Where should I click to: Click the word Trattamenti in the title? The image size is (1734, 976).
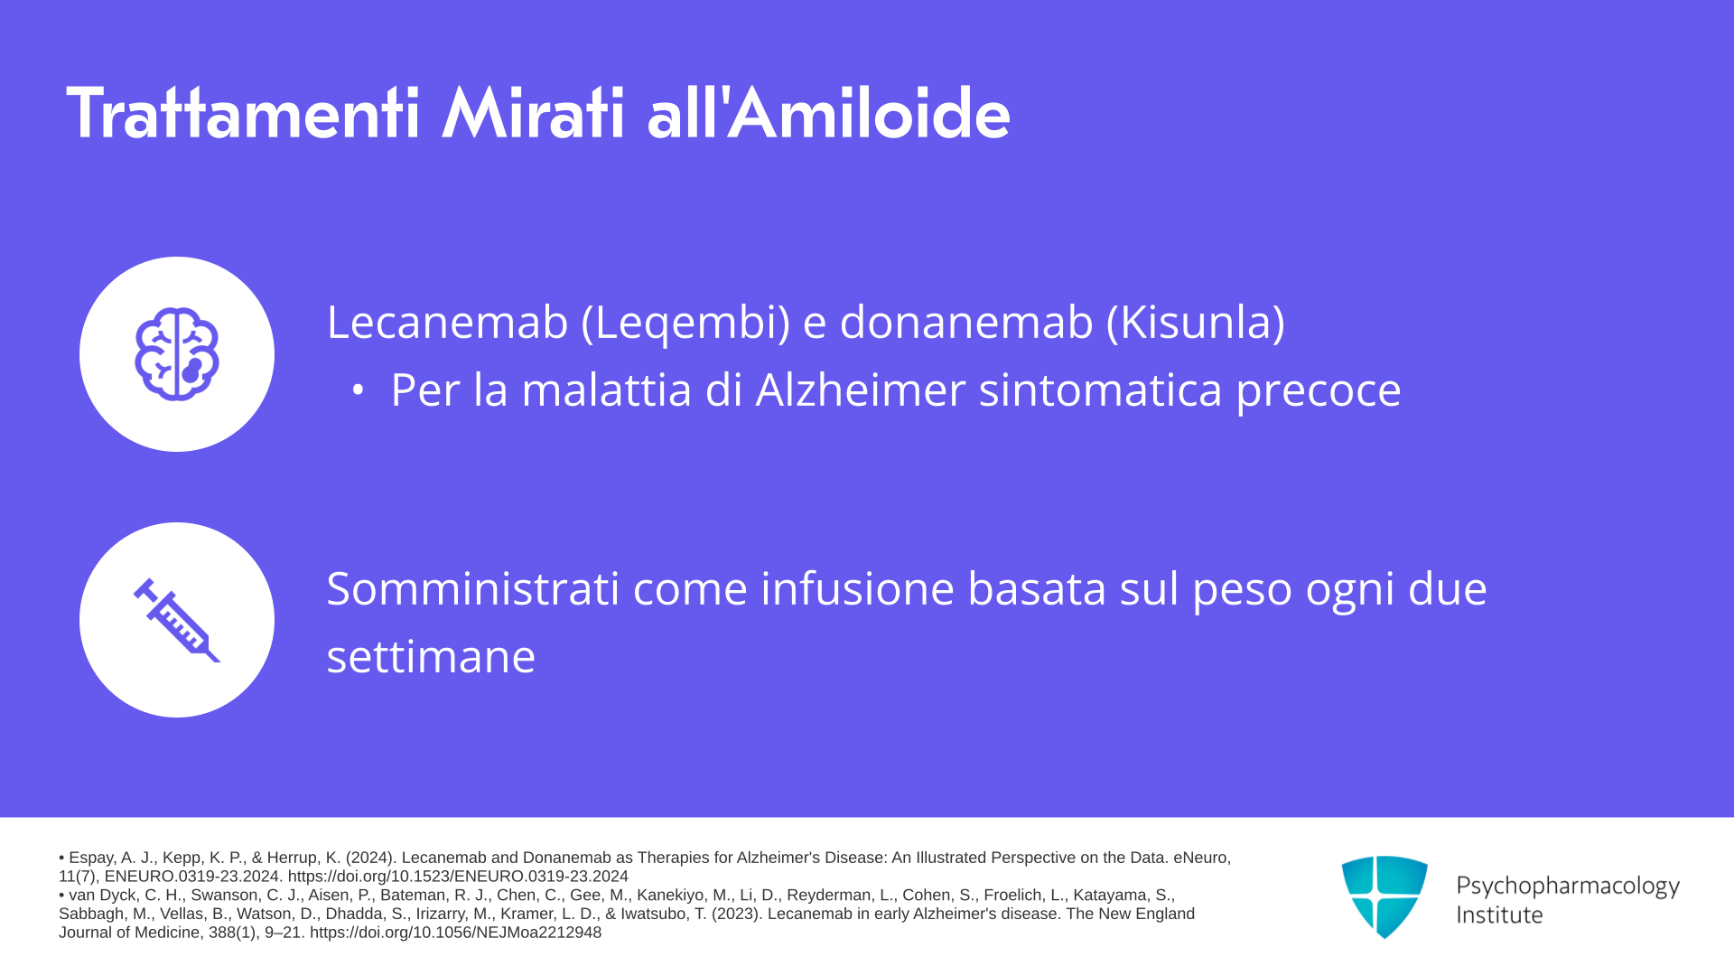[x=244, y=114]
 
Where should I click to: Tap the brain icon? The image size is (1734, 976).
[x=177, y=354]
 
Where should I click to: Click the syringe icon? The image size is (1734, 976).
[x=177, y=620]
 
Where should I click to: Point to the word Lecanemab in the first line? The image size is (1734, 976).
[x=447, y=322]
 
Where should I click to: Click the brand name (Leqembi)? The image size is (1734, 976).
[x=686, y=324]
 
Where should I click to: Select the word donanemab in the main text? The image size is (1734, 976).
[x=966, y=322]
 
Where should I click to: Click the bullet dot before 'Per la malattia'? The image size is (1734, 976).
[x=358, y=390]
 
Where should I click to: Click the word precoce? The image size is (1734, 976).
[x=1319, y=392]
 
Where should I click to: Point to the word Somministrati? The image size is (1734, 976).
[x=473, y=588]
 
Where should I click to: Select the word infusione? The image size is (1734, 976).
[x=857, y=588]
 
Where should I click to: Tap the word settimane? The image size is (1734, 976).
[x=431, y=656]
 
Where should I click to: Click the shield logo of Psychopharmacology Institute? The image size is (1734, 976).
[x=1384, y=897]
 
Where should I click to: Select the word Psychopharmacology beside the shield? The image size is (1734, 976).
[x=1568, y=887]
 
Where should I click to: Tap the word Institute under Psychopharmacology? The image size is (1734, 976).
[x=1499, y=915]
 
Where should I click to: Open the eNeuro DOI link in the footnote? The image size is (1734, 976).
[x=458, y=877]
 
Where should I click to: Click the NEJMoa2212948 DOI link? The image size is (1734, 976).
[x=455, y=933]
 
